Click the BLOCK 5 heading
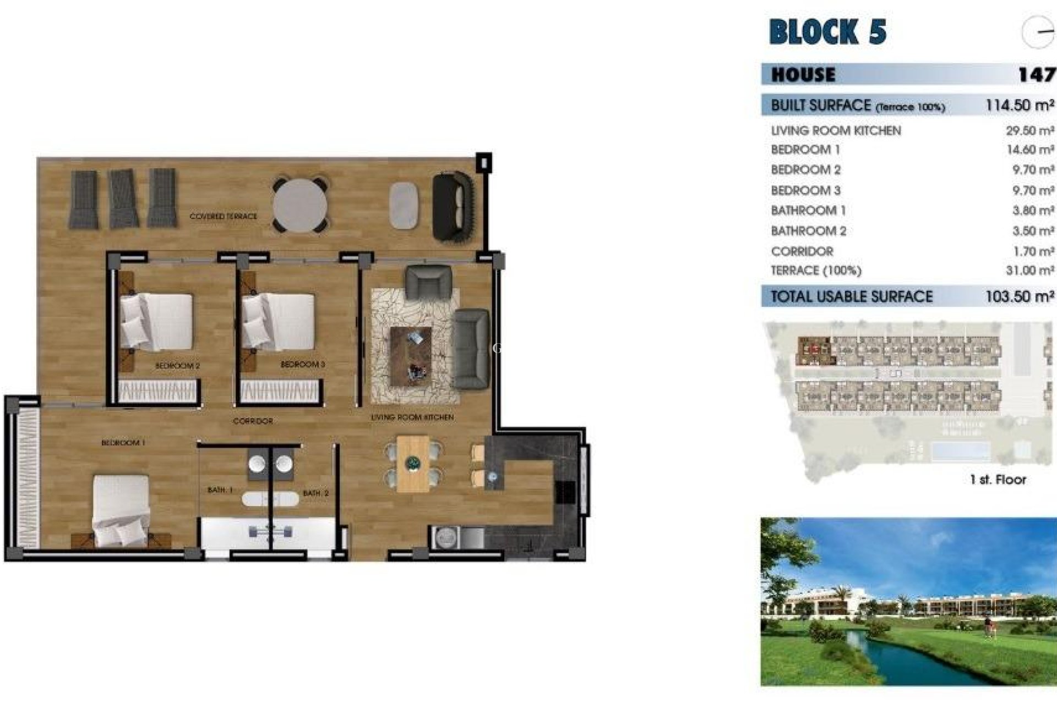click(827, 32)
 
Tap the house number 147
click(1036, 74)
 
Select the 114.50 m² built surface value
click(1020, 105)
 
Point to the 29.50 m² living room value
click(1029, 131)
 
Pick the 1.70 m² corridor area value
click(1033, 251)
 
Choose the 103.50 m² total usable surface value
click(1020, 296)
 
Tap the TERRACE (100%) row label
click(816, 271)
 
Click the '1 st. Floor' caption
click(998, 480)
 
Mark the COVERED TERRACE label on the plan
click(223, 216)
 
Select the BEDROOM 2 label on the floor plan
click(177, 366)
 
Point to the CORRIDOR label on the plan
click(253, 421)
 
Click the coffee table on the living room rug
click(411, 356)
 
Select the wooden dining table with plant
click(413, 464)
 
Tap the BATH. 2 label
click(315, 493)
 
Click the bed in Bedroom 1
click(121, 509)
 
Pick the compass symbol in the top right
click(1038, 32)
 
